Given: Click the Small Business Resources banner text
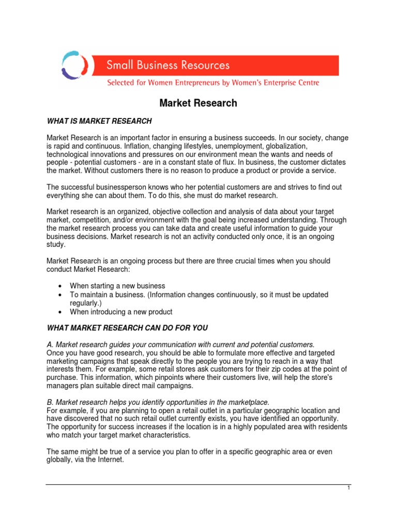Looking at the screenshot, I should tap(168, 65).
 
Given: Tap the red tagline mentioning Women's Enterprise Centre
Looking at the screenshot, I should tap(213, 83).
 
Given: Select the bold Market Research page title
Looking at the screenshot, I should tap(198, 103).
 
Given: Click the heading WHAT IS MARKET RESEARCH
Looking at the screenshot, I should tap(99, 121).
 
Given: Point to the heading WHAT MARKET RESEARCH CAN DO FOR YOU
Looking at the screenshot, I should tap(127, 328).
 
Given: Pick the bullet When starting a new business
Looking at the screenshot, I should tap(117, 286).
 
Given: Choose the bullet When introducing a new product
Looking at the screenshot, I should tap(121, 312).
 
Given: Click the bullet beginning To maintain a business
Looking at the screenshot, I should tap(199, 295).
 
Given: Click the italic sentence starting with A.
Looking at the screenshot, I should tap(180, 344).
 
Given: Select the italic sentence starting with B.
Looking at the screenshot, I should tap(158, 402).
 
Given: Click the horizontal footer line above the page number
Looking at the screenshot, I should tap(198, 484).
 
